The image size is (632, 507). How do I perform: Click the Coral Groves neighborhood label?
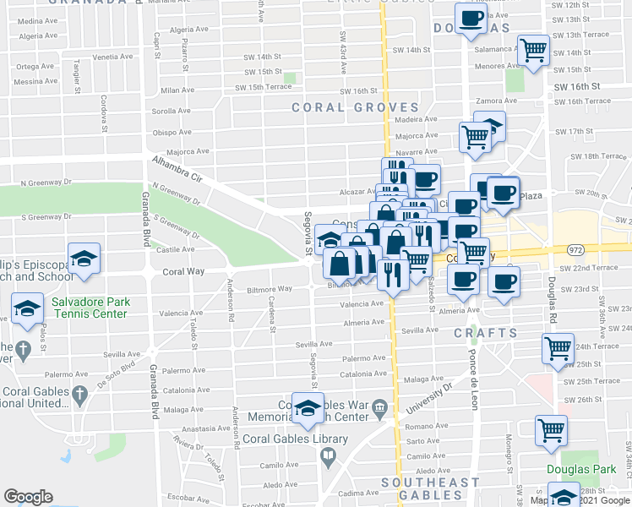(355, 107)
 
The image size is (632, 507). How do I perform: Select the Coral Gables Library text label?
(295, 439)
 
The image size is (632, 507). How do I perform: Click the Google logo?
(29, 497)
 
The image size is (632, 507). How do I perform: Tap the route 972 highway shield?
(575, 250)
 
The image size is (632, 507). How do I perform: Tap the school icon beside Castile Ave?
(84, 259)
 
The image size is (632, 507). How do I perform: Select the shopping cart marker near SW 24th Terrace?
(558, 347)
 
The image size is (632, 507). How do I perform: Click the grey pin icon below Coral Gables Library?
(328, 457)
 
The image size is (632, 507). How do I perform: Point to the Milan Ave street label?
(177, 90)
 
